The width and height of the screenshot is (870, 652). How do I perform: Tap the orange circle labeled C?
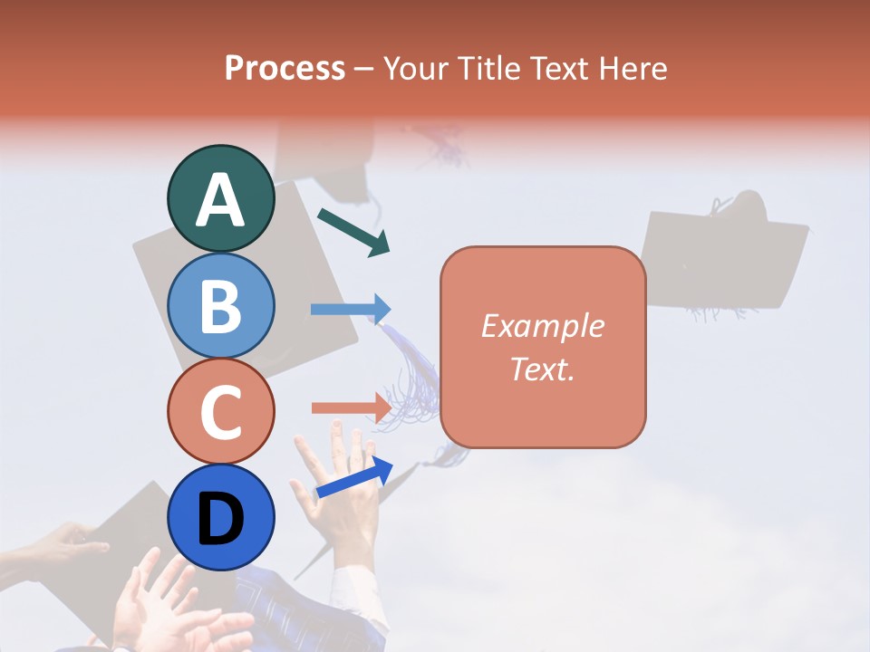[220, 411]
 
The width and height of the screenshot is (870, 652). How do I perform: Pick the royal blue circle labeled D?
[220, 517]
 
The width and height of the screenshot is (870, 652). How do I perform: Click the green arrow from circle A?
[353, 232]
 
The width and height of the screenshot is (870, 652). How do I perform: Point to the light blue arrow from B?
[350, 310]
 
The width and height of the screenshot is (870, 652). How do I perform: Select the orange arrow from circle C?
[350, 407]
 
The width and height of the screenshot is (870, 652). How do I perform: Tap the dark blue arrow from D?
[354, 477]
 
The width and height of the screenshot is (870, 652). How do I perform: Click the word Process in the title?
[285, 68]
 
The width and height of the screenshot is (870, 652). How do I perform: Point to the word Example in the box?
[542, 326]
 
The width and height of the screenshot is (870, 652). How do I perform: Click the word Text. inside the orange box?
[542, 369]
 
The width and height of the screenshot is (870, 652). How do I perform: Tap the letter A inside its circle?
[220, 200]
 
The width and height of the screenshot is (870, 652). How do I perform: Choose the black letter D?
[220, 520]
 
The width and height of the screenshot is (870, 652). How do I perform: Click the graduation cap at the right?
[724, 258]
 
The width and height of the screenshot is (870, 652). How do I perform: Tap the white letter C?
[220, 413]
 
